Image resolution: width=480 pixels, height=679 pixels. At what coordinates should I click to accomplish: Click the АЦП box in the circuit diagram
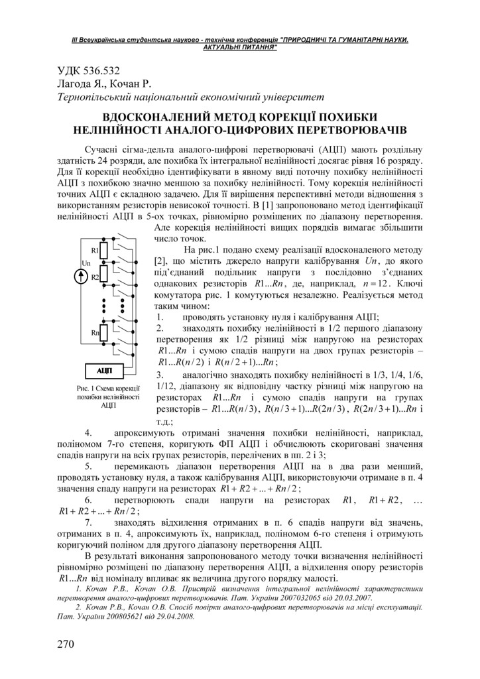(x=104, y=369)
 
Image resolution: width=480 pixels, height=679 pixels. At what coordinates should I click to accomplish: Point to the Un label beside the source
(x=86, y=263)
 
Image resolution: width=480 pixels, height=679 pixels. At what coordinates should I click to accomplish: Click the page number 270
(x=67, y=643)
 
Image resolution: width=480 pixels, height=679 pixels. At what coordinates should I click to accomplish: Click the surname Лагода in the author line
(x=72, y=84)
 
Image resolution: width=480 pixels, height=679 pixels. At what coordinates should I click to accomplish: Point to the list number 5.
(x=90, y=466)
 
